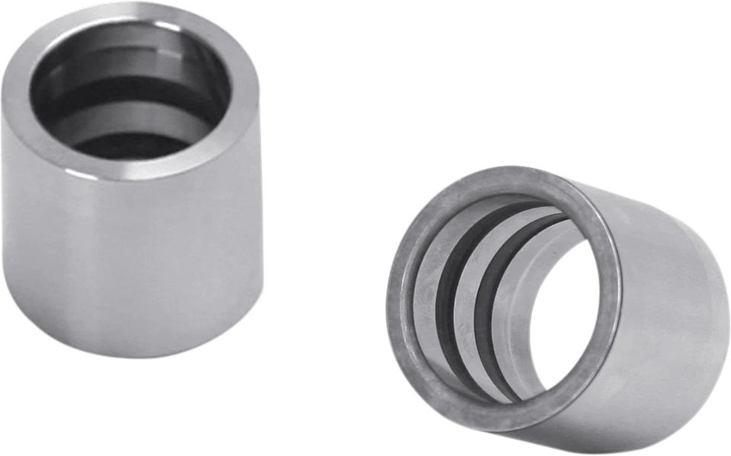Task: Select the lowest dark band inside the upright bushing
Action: [x=126, y=145]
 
